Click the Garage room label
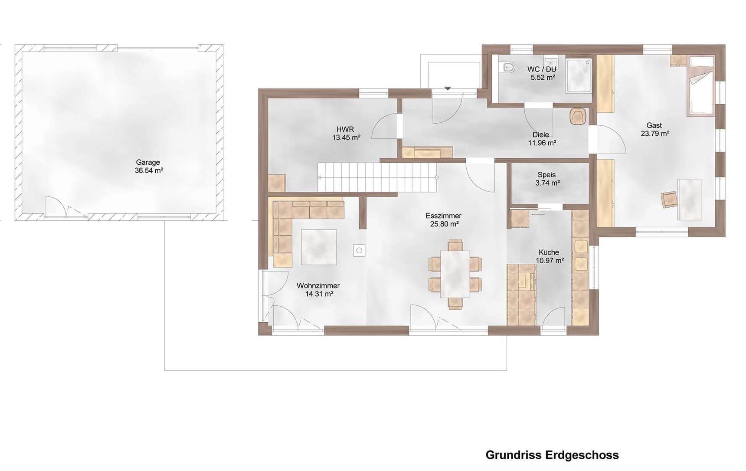[148, 162]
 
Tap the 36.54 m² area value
[149, 171]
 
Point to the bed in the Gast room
[701, 85]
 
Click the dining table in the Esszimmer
[455, 274]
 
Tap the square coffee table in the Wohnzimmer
[319, 247]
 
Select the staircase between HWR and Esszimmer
[377, 177]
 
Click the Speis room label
[546, 175]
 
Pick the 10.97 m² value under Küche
[550, 261]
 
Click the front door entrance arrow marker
[448, 88]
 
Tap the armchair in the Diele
[578, 116]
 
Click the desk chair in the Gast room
[669, 200]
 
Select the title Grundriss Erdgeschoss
[552, 455]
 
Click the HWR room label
[345, 129]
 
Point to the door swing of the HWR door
[384, 127]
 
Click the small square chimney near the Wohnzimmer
[359, 250]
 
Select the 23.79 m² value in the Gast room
[654, 134]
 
